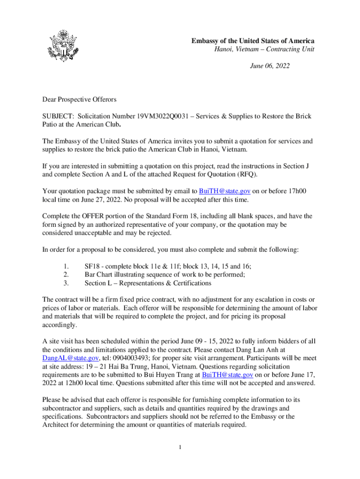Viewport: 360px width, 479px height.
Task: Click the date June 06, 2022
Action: tap(270, 66)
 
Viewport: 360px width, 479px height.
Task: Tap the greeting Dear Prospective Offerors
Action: tap(79, 99)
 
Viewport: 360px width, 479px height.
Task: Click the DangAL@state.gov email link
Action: tap(70, 358)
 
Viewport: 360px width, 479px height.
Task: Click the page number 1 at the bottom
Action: tap(180, 448)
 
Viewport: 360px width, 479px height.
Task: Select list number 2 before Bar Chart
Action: tap(66, 275)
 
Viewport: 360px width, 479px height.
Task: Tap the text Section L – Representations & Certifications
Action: tap(148, 283)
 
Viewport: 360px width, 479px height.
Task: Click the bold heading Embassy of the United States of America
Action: tap(252, 41)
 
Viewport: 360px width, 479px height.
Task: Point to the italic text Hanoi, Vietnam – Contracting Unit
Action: tap(261, 50)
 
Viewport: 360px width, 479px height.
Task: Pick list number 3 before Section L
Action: tap(66, 283)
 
